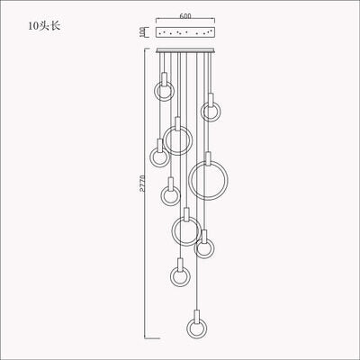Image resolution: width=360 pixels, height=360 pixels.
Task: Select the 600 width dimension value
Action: [186, 15]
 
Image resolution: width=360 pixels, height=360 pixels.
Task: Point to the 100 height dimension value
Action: [141, 31]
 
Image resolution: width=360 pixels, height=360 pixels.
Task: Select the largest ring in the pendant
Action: [209, 179]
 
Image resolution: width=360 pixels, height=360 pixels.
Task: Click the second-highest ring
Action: [211, 112]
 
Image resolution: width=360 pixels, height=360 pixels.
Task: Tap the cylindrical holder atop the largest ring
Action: [209, 157]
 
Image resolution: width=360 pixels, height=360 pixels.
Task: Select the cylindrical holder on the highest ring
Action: [165, 80]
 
